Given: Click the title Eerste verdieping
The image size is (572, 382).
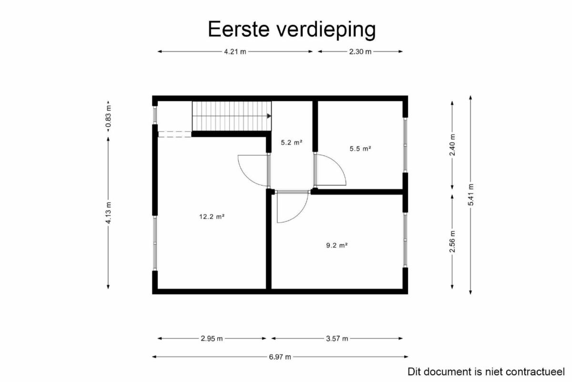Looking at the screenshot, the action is (292, 30).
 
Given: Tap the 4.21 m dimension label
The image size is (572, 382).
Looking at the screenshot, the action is (235, 52).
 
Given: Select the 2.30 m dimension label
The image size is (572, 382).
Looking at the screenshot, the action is (360, 52).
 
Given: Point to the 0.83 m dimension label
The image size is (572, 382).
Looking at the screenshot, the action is (109, 116).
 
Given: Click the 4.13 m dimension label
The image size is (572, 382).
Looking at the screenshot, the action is (109, 213).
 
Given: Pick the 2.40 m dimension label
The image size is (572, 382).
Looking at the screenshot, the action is (452, 145).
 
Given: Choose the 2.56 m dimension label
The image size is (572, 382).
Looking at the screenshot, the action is (452, 241).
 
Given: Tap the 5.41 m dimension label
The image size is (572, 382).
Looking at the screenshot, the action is (470, 195).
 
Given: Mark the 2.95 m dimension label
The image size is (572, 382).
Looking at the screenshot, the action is (212, 339).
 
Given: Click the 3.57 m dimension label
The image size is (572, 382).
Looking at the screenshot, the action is (337, 339).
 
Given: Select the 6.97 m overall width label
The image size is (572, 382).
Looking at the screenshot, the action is (280, 357).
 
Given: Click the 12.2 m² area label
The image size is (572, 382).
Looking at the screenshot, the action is (212, 217).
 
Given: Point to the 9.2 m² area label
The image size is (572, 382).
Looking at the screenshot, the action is (337, 245).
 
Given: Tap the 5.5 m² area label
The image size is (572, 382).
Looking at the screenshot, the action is (360, 148).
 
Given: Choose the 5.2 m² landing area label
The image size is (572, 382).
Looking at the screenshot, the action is (292, 142).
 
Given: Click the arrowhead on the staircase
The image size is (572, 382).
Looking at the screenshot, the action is (269, 116).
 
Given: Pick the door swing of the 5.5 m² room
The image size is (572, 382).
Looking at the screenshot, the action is (340, 165).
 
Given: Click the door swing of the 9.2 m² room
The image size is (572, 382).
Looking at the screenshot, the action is (301, 213).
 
